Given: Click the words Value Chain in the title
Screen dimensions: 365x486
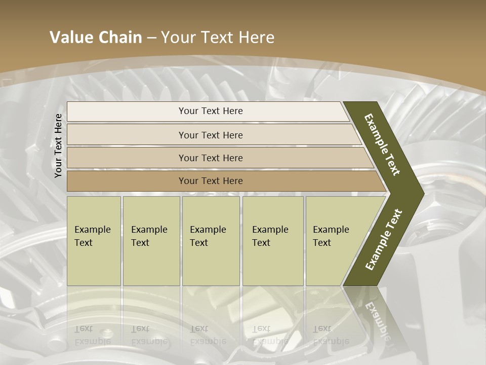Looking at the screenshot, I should (96, 38).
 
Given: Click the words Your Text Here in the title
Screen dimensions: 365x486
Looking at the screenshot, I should (218, 38).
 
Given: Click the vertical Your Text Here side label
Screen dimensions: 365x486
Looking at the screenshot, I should (58, 145).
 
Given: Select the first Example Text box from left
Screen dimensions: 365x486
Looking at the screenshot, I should (94, 240).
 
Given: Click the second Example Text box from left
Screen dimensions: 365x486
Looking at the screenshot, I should (151, 240).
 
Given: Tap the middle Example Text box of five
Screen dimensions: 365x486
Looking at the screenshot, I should (211, 240).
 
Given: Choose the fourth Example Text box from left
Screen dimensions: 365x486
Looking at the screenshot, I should (272, 240).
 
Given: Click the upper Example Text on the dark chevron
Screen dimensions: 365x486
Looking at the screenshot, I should (382, 144).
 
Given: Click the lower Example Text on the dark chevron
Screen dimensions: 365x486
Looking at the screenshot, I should (384, 239).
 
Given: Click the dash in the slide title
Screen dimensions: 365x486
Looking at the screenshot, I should (151, 38).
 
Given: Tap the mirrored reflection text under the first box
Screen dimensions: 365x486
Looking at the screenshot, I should (93, 335).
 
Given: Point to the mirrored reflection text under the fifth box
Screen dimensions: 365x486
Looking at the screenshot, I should (331, 335).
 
